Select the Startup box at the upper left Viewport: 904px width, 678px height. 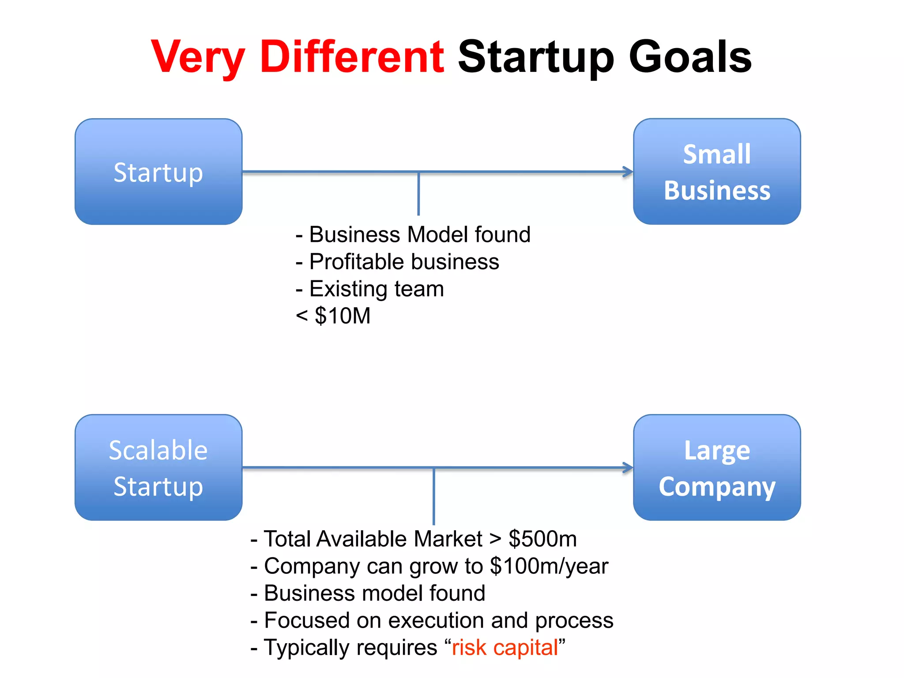[158, 172]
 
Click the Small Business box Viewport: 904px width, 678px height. [717, 172]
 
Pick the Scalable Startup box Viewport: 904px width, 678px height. [158, 467]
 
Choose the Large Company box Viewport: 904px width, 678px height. [717, 467]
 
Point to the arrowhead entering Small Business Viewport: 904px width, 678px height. [628, 172]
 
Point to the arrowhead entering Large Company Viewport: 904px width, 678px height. [628, 467]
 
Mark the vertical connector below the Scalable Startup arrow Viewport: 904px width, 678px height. [434, 496]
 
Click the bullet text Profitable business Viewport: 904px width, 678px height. [404, 262]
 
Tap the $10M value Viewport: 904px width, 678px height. [342, 316]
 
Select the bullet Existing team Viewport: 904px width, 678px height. [376, 289]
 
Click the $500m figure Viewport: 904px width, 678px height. [542, 539]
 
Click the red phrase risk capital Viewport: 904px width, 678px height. [505, 648]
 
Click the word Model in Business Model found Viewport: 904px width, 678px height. [437, 234]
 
